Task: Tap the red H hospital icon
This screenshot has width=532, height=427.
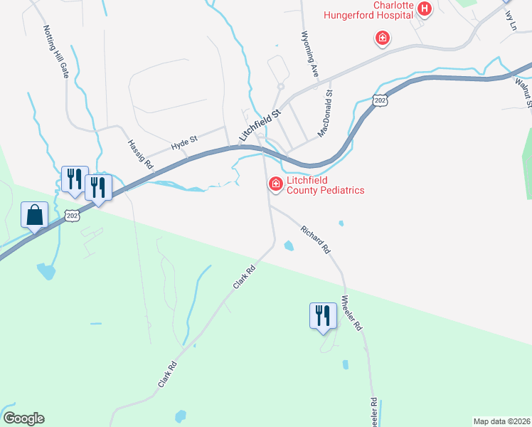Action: click(425, 9)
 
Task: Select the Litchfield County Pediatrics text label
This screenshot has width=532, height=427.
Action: click(325, 185)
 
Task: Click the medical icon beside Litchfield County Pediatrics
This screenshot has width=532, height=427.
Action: click(275, 184)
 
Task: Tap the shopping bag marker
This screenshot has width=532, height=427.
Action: click(35, 215)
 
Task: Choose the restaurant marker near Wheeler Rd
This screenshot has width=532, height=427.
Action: click(322, 315)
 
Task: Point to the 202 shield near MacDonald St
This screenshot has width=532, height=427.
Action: click(381, 100)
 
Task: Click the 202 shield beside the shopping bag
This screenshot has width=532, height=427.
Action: click(71, 215)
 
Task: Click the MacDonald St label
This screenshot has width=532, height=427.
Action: click(325, 113)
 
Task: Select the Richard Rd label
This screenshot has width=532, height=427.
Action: click(315, 241)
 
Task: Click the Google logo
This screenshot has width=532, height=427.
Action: click(23, 418)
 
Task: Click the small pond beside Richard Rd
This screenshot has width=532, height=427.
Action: click(289, 246)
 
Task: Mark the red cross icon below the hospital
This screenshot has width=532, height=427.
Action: click(383, 37)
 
